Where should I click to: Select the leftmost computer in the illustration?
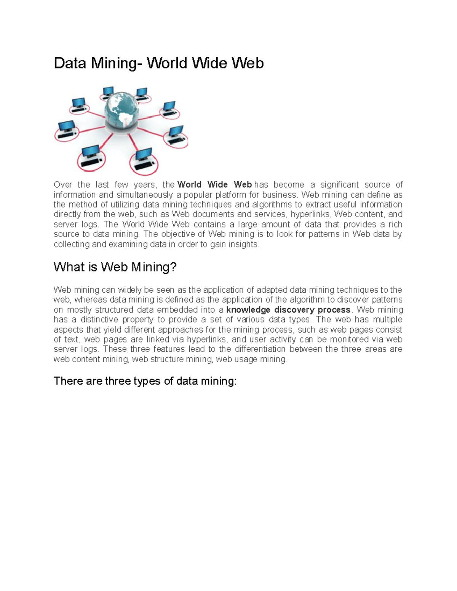66,130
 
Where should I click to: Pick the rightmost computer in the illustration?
176,135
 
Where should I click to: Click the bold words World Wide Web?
214,185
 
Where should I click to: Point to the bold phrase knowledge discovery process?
288,310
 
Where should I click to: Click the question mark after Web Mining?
174,268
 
